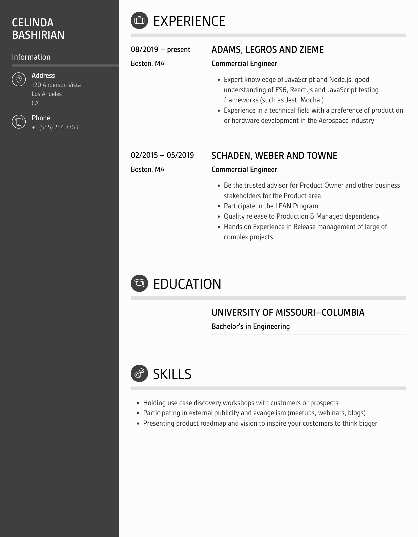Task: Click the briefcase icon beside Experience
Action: click(139, 20)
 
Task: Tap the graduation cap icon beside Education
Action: click(139, 283)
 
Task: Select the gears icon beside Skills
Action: click(139, 373)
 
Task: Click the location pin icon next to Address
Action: click(19, 79)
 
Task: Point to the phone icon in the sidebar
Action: click(19, 122)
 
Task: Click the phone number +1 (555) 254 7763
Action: click(55, 127)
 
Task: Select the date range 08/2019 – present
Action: click(160, 49)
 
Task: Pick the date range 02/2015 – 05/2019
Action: click(162, 155)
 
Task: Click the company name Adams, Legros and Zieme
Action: click(267, 50)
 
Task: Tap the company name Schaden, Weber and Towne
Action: click(274, 156)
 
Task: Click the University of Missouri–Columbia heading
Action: click(288, 313)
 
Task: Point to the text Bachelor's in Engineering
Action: click(250, 326)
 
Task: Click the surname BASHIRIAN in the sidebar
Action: click(38, 35)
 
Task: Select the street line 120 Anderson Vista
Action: click(56, 85)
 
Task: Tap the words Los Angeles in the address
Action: click(47, 94)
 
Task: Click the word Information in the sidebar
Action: click(31, 57)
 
